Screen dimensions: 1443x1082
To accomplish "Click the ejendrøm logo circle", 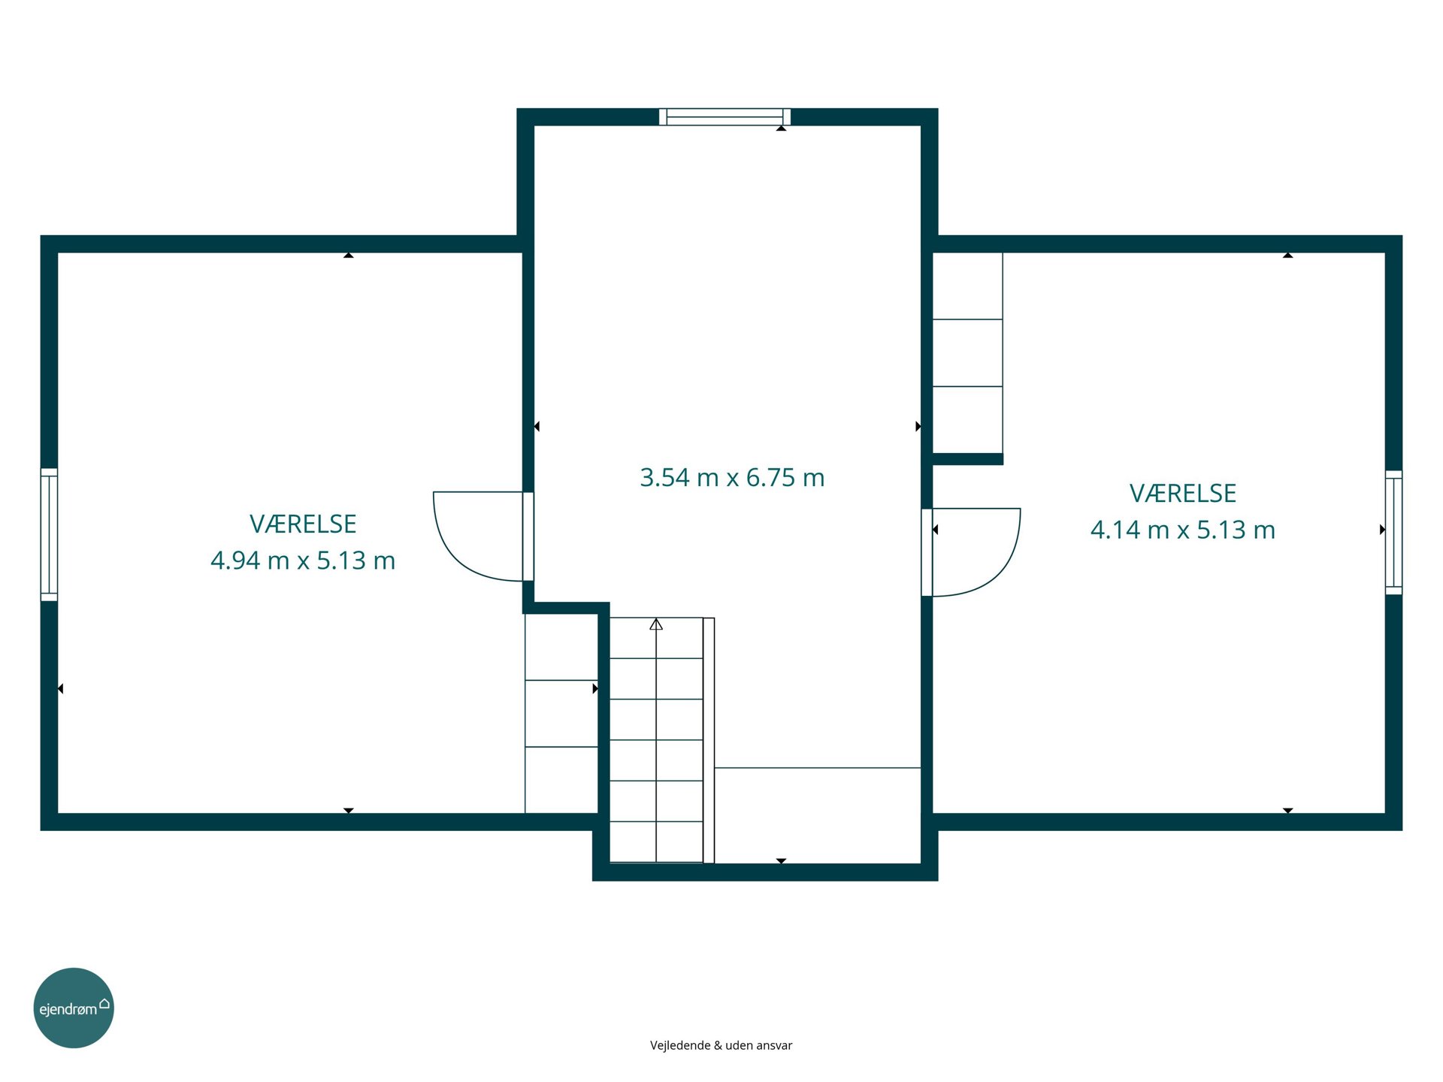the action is [74, 1008].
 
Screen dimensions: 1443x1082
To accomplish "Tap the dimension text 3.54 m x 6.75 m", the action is [732, 478].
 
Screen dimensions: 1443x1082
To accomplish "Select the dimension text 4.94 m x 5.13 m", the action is [303, 561].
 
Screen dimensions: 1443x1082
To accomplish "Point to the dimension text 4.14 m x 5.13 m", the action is [1183, 530].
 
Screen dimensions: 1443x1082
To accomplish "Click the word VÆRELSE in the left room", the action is [303, 524].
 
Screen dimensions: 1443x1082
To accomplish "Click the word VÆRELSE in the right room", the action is [1183, 493].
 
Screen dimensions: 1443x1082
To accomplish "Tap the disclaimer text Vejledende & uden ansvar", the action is [721, 1045].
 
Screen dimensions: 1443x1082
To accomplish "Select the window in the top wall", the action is [725, 116].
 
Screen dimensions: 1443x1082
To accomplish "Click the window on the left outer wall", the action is [49, 534].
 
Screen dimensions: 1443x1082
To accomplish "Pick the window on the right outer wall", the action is [1393, 532].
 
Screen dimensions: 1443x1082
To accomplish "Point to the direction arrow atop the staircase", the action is [656, 624].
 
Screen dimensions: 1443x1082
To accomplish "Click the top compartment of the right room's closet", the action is [967, 286].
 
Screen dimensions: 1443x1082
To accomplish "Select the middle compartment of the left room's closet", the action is [561, 714].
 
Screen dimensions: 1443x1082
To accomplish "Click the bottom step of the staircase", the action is [656, 842].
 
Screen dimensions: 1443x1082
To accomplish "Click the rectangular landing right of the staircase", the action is [818, 815].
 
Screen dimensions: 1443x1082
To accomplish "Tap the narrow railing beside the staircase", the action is [709, 740].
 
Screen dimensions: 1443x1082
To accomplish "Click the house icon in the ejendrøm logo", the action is [104, 1003].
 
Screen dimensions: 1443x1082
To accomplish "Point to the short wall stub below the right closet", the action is [968, 459].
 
